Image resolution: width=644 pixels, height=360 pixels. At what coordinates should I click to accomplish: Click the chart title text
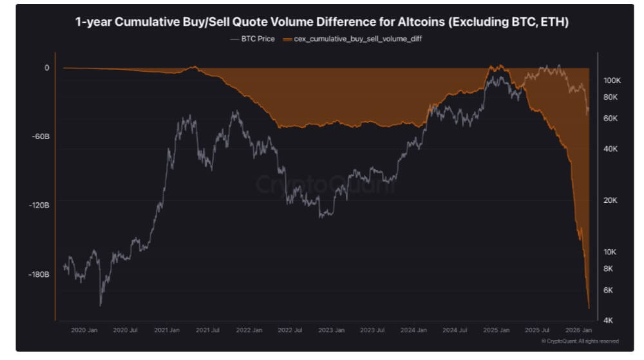click(x=321, y=22)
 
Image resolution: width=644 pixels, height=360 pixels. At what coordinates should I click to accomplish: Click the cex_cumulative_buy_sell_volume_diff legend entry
click(x=348, y=39)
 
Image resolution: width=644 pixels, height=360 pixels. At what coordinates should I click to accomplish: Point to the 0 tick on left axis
click(x=46, y=68)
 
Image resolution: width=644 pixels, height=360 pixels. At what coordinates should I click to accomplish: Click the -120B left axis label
click(x=39, y=205)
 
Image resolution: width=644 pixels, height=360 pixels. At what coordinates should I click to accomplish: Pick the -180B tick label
click(x=39, y=274)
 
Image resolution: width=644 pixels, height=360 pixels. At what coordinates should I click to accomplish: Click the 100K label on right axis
click(x=611, y=81)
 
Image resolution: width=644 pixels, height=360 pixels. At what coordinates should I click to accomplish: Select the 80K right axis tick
click(x=611, y=97)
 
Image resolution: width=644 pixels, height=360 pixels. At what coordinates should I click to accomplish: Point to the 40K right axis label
click(x=611, y=149)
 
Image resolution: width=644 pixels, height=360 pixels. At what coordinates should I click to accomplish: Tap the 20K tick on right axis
click(x=611, y=200)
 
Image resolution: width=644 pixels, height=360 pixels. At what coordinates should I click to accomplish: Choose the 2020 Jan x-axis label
click(x=84, y=330)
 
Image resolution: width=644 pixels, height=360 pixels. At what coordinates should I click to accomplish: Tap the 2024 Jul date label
click(x=454, y=330)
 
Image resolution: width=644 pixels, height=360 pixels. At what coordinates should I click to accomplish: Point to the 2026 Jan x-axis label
click(x=578, y=330)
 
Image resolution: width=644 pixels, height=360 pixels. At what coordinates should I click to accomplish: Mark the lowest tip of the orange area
click(x=589, y=308)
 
